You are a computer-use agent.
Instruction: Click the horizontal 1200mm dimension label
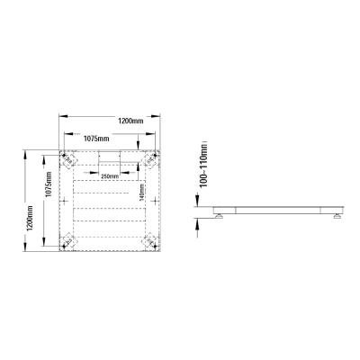(x=130, y=120)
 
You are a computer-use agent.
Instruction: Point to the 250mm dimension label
(x=111, y=176)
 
